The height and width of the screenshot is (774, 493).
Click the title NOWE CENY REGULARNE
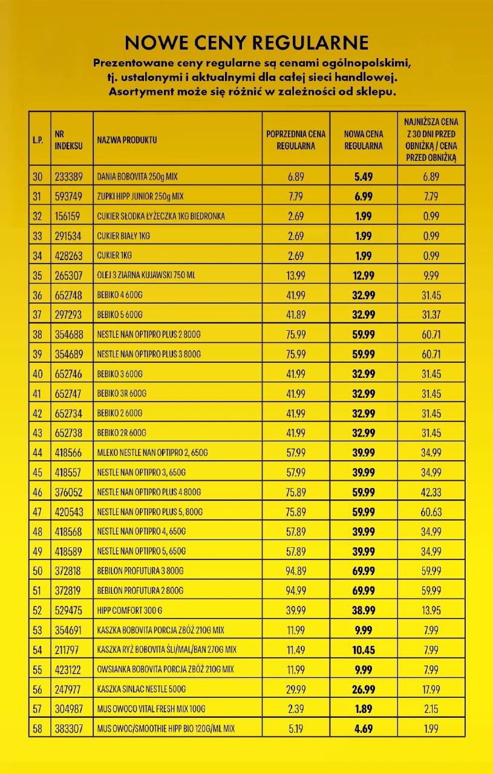246,42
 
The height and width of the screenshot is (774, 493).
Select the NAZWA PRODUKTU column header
127,140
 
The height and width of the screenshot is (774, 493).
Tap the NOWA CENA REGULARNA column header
364,140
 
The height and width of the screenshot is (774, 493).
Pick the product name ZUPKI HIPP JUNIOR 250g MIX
140,197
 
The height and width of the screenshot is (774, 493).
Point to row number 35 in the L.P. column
38,275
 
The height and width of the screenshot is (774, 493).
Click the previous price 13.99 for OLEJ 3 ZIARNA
296,275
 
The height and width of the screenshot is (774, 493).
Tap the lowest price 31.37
431,314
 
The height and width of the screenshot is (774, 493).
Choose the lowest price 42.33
431,492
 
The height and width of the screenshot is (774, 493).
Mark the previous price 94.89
296,571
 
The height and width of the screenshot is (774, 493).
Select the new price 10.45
364,650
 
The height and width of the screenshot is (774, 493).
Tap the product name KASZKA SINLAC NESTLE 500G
141,689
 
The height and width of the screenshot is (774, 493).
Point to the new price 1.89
364,709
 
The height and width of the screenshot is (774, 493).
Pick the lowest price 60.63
431,512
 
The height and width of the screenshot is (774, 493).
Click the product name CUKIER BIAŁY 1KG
123,236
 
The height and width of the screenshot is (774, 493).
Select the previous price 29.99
296,689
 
